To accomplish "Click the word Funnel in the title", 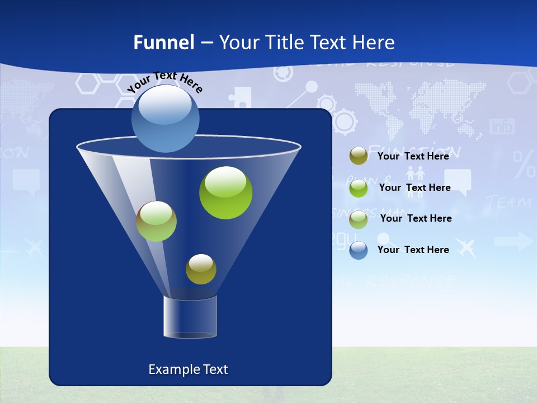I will click(163, 43).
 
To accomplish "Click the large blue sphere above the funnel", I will click(166, 119).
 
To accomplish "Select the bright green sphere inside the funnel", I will click(225, 193).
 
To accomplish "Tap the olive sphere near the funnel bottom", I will click(201, 269).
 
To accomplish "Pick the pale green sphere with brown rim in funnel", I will click(156, 221).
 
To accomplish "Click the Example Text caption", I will click(188, 369).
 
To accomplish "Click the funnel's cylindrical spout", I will click(190, 317).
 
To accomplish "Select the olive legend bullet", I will click(359, 156).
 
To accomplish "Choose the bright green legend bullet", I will click(359, 188).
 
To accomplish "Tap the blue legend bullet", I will click(359, 250).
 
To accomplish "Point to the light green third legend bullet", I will click(359, 219).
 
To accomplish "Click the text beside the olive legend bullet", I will click(413, 156).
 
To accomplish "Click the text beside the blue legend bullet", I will click(413, 250).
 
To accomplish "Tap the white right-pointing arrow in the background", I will click(514, 241).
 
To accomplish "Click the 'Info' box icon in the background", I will click(502, 126).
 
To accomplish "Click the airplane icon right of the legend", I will click(465, 246).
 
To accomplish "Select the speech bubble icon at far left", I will click(26, 181).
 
